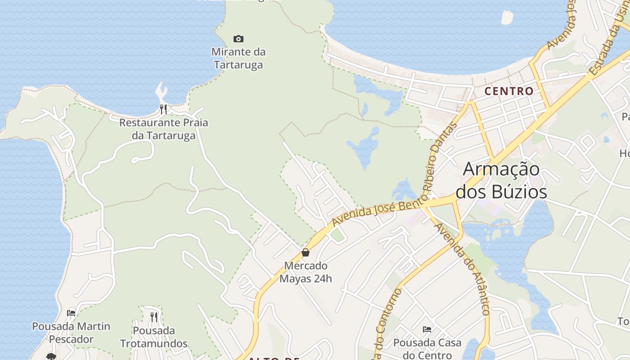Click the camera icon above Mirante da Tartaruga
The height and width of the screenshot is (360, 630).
click(x=238, y=39)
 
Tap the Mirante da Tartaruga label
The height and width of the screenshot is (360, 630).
click(x=238, y=58)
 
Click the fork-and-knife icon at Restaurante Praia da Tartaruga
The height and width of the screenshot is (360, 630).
click(x=163, y=109)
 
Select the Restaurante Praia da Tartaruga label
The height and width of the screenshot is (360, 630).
click(x=164, y=129)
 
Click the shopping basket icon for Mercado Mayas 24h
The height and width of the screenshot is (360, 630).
click(x=306, y=252)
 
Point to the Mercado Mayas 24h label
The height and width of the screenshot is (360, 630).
click(x=306, y=272)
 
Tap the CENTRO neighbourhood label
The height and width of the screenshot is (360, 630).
click(x=509, y=91)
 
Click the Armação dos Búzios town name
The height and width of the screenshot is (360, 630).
click(x=501, y=180)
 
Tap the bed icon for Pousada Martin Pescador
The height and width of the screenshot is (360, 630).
click(x=71, y=313)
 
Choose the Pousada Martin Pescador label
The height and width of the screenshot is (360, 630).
click(x=71, y=333)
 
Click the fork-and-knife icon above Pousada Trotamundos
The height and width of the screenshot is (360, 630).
click(x=154, y=317)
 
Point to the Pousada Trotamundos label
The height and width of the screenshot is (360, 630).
click(x=154, y=337)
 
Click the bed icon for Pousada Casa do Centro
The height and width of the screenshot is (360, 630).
click(x=427, y=329)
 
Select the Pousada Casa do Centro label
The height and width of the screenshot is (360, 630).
click(x=427, y=349)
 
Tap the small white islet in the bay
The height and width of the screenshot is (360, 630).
click(x=507, y=18)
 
